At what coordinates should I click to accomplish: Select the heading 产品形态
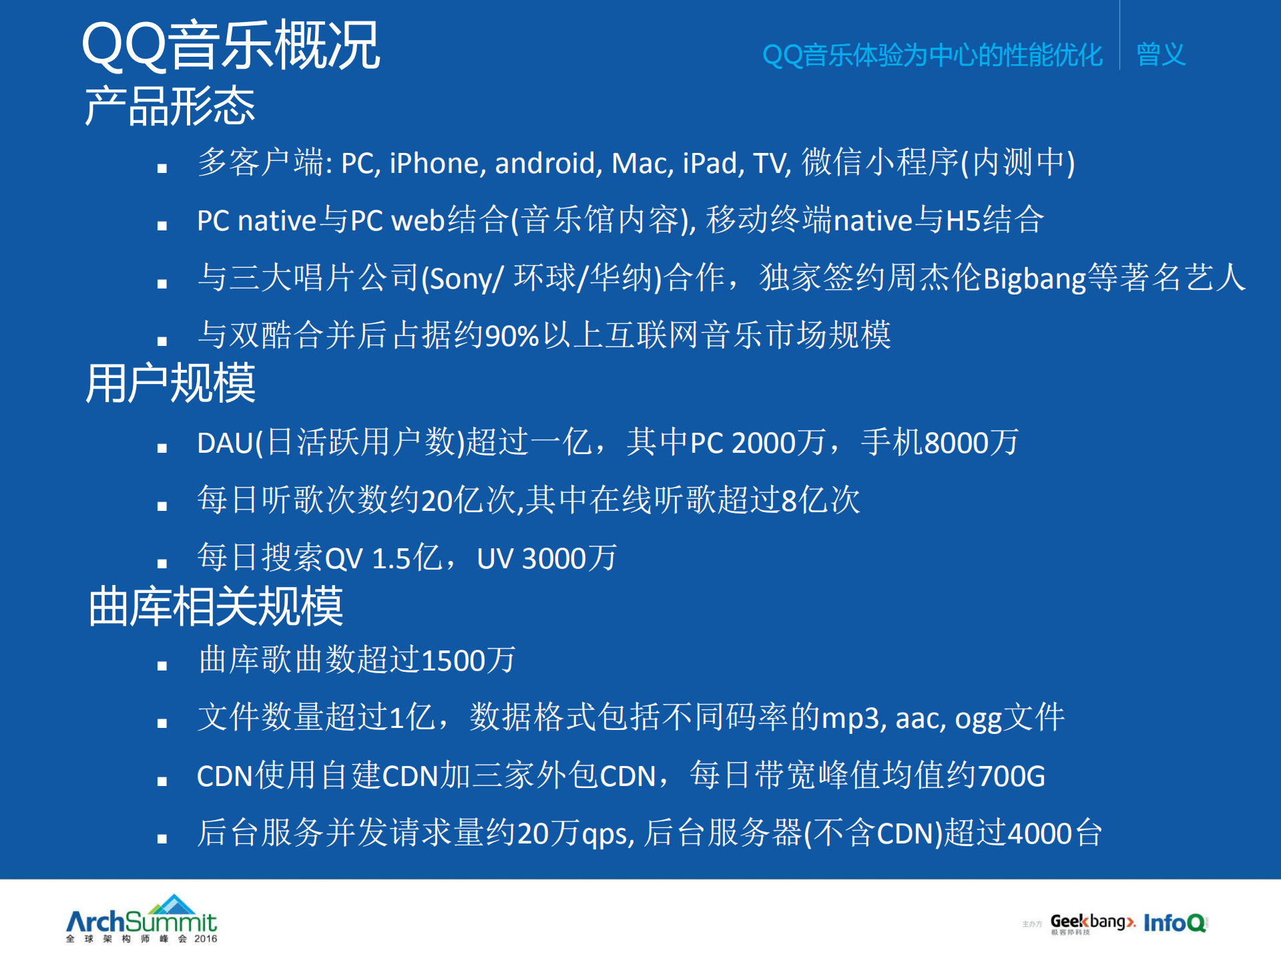pyautogui.click(x=170, y=106)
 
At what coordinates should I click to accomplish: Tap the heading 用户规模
pyautogui.click(x=170, y=383)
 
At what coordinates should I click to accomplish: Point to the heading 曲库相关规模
pyautogui.click(x=216, y=606)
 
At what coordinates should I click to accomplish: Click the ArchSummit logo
pyautogui.click(x=142, y=920)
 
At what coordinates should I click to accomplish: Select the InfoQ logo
pyautogui.click(x=1175, y=922)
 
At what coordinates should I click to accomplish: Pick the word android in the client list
pyautogui.click(x=545, y=164)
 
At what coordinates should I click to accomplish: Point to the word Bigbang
pyautogui.click(x=1034, y=279)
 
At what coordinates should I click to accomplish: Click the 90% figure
pyautogui.click(x=511, y=336)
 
